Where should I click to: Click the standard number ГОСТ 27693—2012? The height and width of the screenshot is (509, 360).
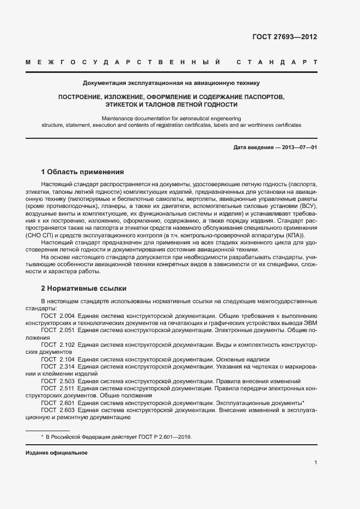click(x=284, y=37)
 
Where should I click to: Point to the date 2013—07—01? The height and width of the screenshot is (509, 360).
click(x=298, y=148)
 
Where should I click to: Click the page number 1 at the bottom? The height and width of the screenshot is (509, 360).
click(x=316, y=463)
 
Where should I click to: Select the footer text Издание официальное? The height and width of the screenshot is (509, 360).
click(x=57, y=453)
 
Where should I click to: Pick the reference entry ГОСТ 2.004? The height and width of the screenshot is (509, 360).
click(x=58, y=316)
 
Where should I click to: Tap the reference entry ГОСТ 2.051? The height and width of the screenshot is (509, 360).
click(x=58, y=330)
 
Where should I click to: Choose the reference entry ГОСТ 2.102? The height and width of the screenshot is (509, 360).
click(x=58, y=345)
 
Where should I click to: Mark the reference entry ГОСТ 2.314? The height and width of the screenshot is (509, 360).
click(x=58, y=367)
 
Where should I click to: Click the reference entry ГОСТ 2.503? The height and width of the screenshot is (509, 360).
click(x=58, y=382)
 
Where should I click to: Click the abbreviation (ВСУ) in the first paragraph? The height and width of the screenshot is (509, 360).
click(x=307, y=207)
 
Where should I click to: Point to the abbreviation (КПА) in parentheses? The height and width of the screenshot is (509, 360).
click(x=295, y=235)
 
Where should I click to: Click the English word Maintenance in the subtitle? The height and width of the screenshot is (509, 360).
click(x=118, y=118)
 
